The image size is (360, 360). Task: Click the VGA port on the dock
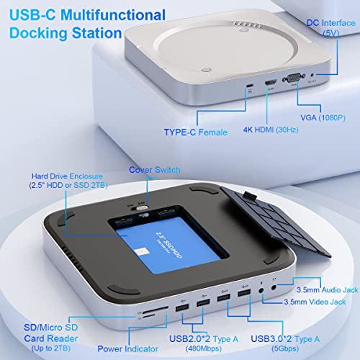tap(294, 78)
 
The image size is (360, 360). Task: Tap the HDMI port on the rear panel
tap(271, 83)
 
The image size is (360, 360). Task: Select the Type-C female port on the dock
tap(250, 86)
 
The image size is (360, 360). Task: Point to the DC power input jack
tap(312, 75)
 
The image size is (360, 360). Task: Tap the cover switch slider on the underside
tap(141, 208)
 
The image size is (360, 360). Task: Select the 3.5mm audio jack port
tap(274, 287)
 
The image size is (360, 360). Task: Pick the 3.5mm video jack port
tap(261, 291)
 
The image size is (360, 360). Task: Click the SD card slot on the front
tap(156, 310)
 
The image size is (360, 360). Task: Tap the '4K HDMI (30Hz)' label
tap(271, 130)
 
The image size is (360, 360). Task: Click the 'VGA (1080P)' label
tap(323, 118)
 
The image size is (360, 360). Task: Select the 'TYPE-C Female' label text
tap(196, 132)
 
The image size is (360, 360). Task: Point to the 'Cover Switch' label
tap(155, 170)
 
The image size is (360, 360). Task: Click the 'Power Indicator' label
tap(127, 348)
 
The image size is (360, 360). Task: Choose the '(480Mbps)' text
tap(204, 348)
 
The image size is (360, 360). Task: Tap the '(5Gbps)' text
tap(285, 348)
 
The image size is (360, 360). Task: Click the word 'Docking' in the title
tap(38, 33)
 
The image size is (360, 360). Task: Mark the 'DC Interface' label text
tap(331, 23)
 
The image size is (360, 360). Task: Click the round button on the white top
tap(206, 70)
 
